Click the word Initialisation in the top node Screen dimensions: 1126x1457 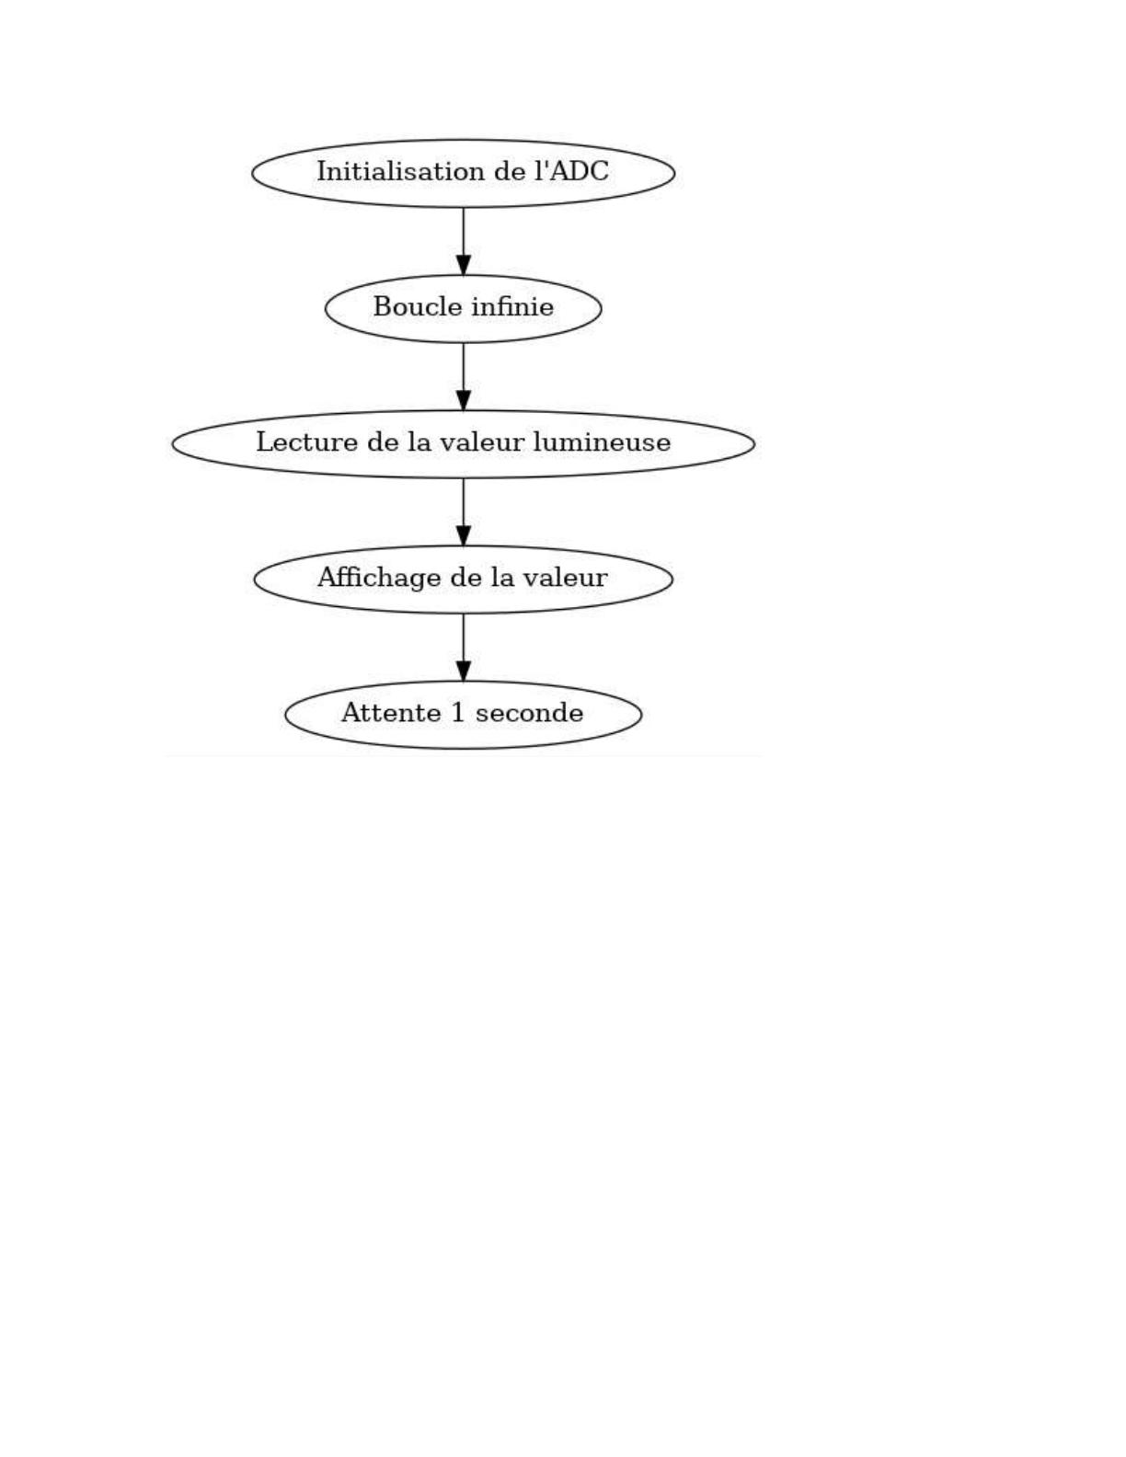click(x=401, y=171)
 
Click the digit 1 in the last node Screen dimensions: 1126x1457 click(x=459, y=712)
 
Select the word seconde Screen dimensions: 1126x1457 click(x=529, y=712)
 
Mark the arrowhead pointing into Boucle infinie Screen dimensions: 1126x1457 click(x=464, y=265)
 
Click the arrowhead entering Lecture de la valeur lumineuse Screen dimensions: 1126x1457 click(x=464, y=400)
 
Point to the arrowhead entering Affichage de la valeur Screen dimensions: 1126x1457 click(x=464, y=535)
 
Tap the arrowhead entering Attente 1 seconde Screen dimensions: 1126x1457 click(x=464, y=671)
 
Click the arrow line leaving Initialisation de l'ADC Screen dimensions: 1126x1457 click(x=464, y=241)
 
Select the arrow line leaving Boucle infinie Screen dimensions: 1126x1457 click(x=464, y=376)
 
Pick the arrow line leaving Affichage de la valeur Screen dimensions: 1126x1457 click(x=464, y=647)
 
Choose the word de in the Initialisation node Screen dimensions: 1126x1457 click(x=510, y=171)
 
